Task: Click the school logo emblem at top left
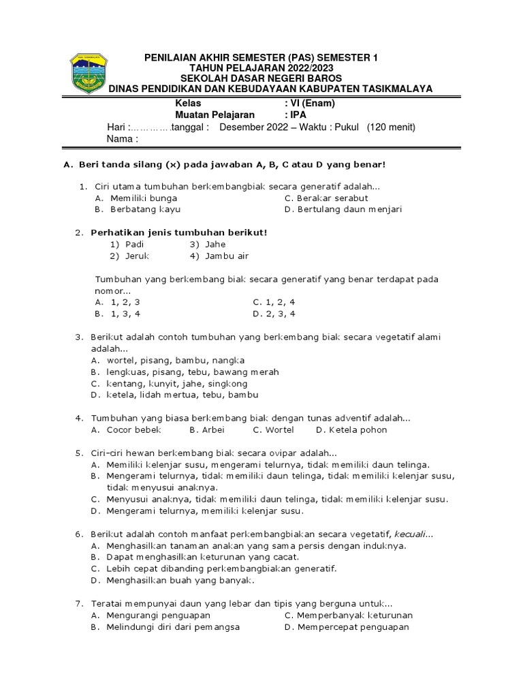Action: coord(89,74)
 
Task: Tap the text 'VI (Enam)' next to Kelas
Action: coord(312,104)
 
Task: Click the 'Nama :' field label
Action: coord(123,140)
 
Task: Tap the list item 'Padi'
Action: coord(135,244)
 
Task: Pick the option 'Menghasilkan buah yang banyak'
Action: coord(180,581)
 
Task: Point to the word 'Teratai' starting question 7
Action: coord(107,604)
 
